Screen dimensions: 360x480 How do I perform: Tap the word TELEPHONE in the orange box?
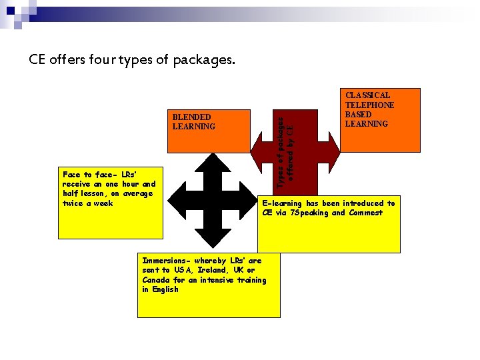369,105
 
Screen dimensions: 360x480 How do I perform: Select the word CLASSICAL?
367,96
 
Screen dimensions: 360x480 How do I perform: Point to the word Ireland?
208,271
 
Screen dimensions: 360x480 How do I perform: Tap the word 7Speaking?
309,213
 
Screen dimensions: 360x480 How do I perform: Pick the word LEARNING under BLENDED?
193,126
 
